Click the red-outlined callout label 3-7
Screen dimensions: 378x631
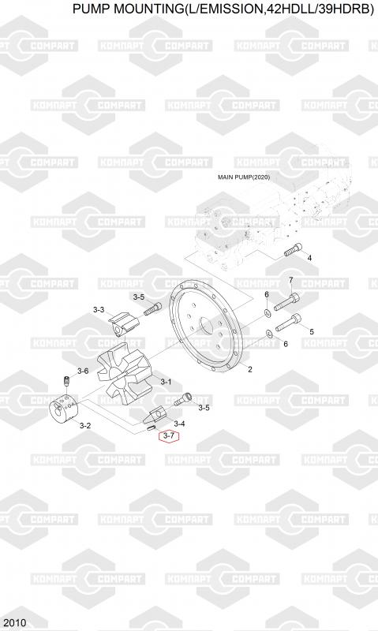pos(169,436)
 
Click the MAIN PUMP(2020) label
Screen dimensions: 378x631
pos(244,177)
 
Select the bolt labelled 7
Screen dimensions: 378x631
pos(287,301)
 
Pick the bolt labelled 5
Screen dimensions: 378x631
pos(288,323)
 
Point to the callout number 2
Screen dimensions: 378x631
pos(250,369)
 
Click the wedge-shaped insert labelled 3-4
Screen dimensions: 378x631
pos(158,416)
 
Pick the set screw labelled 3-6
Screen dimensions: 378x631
pos(67,381)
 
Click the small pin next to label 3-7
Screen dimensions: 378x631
pos(151,428)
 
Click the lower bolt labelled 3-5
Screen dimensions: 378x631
pos(184,400)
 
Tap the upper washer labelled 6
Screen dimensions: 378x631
pos(267,312)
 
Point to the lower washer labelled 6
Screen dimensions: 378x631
pos(269,334)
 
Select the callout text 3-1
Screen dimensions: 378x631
pos(166,382)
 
